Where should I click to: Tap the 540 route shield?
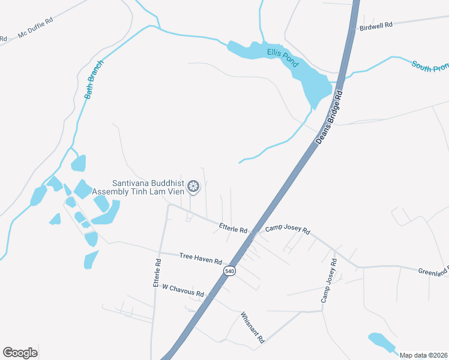(229, 271)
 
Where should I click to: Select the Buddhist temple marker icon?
(193, 187)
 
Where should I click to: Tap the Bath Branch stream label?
(94, 79)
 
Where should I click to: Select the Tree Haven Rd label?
(201, 259)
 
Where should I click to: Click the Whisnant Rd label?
(253, 327)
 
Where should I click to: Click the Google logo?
(20, 353)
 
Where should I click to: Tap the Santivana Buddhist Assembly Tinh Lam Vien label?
(148, 188)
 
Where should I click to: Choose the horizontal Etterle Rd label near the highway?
(233, 229)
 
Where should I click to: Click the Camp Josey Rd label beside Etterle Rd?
(288, 229)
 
